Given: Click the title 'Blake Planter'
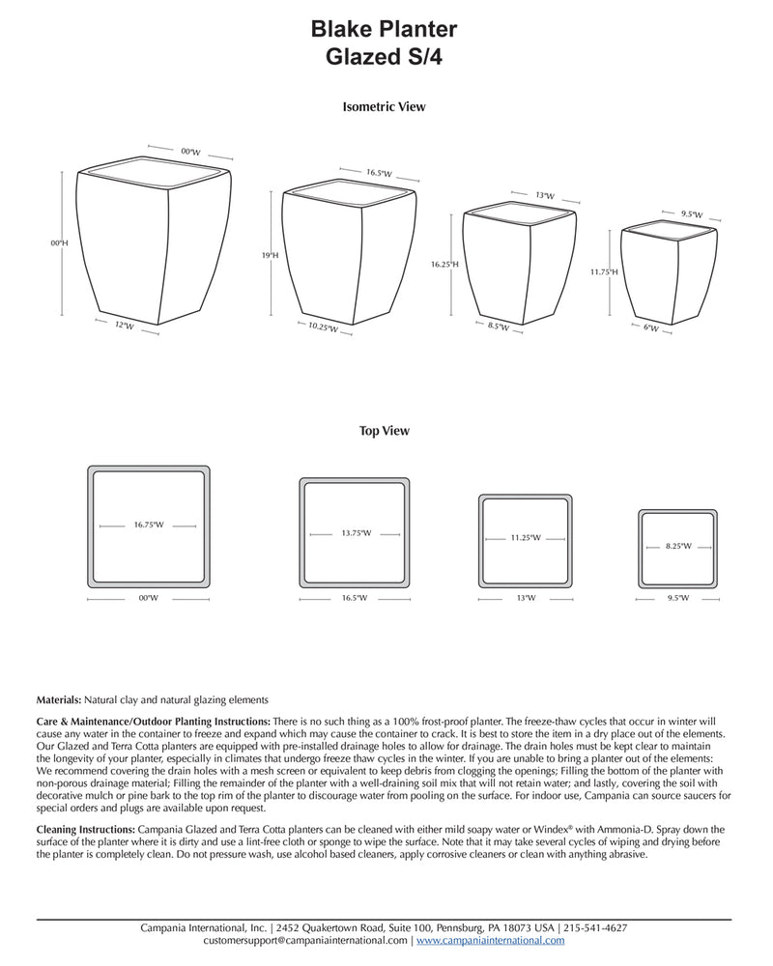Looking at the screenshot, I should pyautogui.click(x=384, y=31).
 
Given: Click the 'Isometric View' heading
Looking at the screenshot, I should pyautogui.click(x=384, y=107).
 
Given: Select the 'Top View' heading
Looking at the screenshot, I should pyautogui.click(x=384, y=431).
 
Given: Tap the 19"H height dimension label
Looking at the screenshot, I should pyautogui.click(x=270, y=256).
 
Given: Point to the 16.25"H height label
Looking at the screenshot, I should pyautogui.click(x=444, y=263).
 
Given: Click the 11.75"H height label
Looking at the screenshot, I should pyautogui.click(x=604, y=272).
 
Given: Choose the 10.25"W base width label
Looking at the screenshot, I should pyautogui.click(x=323, y=328).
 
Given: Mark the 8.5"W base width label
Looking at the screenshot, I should pyautogui.click(x=499, y=327).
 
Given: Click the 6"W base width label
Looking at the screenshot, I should pyautogui.click(x=651, y=328).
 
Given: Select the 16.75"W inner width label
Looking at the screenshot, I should pyautogui.click(x=149, y=526).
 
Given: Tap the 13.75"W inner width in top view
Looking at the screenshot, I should pyautogui.click(x=356, y=533).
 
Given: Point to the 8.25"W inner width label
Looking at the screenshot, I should pyautogui.click(x=678, y=547).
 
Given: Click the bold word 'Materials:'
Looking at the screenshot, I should pyautogui.click(x=59, y=699).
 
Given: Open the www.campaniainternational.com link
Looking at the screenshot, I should pyautogui.click(x=490, y=940).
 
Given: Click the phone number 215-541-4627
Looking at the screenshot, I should pyautogui.click(x=595, y=928).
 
